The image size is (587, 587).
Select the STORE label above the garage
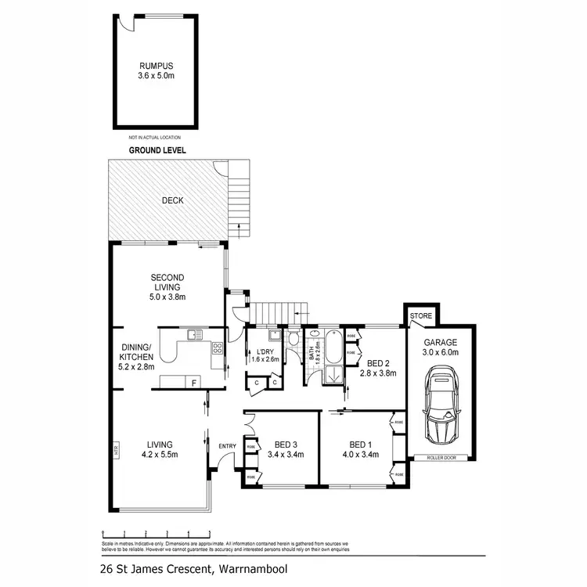pos(421,316)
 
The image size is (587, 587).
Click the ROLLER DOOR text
pos(440,457)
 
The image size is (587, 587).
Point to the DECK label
pos(172,200)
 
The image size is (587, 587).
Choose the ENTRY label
pos(227,446)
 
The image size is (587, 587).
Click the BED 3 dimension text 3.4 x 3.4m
pos(285,454)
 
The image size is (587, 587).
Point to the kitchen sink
pos(193,336)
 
